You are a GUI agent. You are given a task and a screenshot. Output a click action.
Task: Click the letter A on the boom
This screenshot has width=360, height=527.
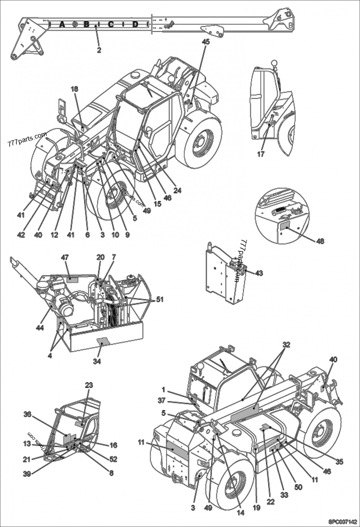pos(62,24)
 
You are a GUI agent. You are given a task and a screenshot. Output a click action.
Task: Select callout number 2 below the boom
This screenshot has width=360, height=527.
pos(99,50)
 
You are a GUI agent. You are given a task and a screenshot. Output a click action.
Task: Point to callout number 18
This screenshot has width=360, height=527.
pos(74,89)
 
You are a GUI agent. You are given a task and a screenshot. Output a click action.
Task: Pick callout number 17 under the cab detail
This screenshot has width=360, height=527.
pos(261,154)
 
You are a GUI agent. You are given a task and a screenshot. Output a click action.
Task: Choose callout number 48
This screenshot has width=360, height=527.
pos(320,241)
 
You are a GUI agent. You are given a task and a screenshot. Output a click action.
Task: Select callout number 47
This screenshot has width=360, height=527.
pos(65,258)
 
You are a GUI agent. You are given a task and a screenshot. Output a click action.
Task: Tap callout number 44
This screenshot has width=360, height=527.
pos(40,328)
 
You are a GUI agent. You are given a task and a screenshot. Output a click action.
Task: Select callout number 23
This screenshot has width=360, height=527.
pos(89,385)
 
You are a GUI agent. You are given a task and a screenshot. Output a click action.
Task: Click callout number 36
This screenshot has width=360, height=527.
pos(28,414)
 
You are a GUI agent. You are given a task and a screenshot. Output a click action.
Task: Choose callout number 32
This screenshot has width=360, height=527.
pos(287,345)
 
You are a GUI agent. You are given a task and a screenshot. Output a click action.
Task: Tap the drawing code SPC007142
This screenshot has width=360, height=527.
pos(342,522)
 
